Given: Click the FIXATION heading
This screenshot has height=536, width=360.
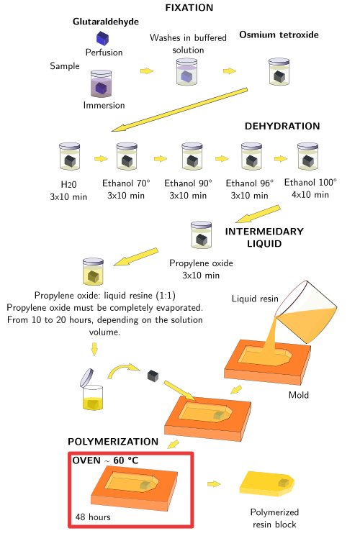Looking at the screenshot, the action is (x=189, y=7).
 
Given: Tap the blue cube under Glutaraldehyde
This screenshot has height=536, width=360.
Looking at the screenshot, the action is (x=102, y=38).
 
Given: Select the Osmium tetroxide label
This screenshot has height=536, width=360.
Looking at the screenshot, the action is (x=279, y=35).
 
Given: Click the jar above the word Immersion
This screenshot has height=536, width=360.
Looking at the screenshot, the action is (x=101, y=83).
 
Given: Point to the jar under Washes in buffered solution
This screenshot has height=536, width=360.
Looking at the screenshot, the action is (x=187, y=72).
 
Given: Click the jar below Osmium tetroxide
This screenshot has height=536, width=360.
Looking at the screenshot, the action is (x=279, y=71).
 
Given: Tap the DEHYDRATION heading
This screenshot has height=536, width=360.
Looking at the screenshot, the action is (x=282, y=126).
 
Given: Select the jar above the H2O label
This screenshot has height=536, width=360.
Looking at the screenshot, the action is (x=69, y=156).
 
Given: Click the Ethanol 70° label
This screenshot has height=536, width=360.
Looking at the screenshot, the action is (x=126, y=183).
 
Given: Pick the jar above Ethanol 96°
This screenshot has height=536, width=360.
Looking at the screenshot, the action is (x=251, y=156).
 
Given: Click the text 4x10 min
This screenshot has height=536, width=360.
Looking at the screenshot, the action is (x=310, y=195).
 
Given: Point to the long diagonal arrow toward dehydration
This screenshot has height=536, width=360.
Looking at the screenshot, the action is (x=180, y=109).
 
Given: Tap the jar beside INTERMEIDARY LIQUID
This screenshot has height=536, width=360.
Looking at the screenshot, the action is (x=201, y=235).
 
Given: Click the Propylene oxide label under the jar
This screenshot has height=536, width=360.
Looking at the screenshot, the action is (x=201, y=263).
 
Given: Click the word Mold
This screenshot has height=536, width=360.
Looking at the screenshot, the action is (x=298, y=395).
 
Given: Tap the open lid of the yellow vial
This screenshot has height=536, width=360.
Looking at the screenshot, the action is (x=86, y=378).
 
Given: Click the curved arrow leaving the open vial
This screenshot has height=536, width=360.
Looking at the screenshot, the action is (x=124, y=371).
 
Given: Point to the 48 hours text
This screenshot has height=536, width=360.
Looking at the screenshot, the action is (x=93, y=517).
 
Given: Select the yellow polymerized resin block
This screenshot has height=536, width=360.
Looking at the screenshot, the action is (x=266, y=483).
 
